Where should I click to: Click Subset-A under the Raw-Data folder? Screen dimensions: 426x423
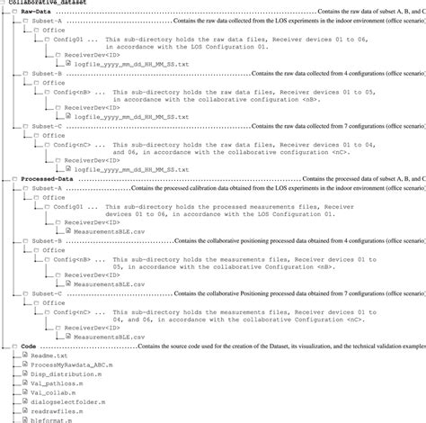[46, 20]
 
